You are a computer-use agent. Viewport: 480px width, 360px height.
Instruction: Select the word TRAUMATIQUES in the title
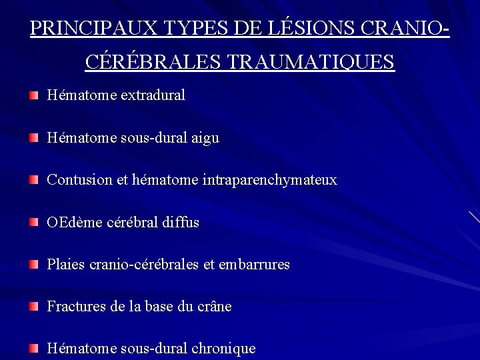[311, 62]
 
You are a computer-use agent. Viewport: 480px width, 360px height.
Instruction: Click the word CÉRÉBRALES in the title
[154, 62]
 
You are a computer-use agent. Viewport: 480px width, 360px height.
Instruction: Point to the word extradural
[153, 95]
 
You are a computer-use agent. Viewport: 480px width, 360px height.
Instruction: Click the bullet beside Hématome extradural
[34, 95]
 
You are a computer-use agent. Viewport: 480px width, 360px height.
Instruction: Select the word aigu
[205, 138]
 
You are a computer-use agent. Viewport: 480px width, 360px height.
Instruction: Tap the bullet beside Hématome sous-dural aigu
[34, 138]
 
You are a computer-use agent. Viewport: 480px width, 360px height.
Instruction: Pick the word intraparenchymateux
[269, 180]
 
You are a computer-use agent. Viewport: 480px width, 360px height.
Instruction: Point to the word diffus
[181, 222]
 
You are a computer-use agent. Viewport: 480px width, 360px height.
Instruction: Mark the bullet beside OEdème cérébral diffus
[34, 222]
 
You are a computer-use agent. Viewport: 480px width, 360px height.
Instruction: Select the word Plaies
[66, 265]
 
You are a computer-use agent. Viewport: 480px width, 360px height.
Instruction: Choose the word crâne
[215, 307]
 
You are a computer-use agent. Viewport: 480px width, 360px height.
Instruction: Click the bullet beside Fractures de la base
[34, 307]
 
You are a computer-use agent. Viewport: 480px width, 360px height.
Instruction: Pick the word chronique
[223, 349]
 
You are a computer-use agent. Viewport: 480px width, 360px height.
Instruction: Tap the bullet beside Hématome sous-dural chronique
[34, 349]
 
